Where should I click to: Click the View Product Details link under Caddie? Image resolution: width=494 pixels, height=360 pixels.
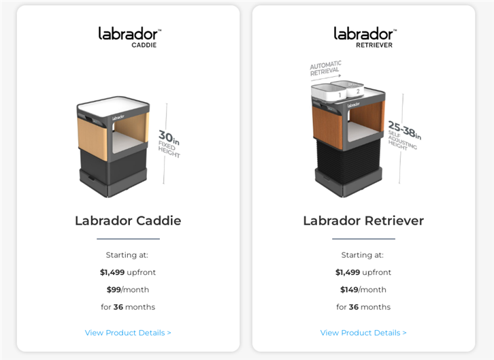coord(128,333)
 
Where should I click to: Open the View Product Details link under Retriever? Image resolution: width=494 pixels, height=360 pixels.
coord(363,333)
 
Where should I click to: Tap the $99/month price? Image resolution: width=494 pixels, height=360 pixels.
coord(128,289)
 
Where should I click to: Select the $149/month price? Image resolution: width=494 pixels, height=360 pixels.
coord(363,289)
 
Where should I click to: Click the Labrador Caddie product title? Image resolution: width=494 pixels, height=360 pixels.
coord(128,220)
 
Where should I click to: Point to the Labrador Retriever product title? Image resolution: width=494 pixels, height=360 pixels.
coord(363,220)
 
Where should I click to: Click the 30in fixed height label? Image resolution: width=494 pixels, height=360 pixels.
coord(169,144)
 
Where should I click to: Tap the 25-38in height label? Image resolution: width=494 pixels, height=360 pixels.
coord(404,135)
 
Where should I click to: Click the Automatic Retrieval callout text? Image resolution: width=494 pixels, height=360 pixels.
coord(325,68)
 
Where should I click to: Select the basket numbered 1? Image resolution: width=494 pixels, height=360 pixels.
coord(329,93)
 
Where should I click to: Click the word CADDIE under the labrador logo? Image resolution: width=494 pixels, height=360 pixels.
coord(144,45)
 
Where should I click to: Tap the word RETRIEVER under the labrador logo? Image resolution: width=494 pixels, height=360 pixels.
coord(374,45)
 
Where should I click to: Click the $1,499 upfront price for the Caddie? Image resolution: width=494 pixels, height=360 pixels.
coord(128,272)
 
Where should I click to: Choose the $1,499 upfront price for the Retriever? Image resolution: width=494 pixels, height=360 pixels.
coord(363,272)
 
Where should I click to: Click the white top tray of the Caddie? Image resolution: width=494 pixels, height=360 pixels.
coord(113,106)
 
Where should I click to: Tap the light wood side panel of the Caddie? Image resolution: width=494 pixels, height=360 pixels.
coord(93,138)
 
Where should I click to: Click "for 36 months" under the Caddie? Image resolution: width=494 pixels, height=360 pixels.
coord(128,307)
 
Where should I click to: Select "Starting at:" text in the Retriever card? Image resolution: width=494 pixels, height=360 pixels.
coord(362,255)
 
